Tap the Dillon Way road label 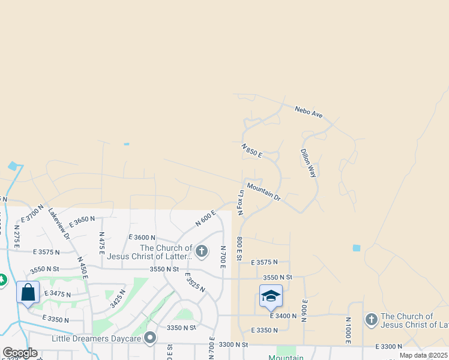point(308,163)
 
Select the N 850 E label point(252,150)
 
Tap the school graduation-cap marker point(271,296)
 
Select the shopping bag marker point(28,293)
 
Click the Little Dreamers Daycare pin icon point(150,338)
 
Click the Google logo point(20,353)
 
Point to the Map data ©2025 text point(424,355)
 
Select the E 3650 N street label point(82,221)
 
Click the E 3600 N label point(142,238)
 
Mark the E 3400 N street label point(284,315)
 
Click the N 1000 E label point(348,331)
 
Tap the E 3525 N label point(194,282)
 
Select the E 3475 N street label point(58,295)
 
